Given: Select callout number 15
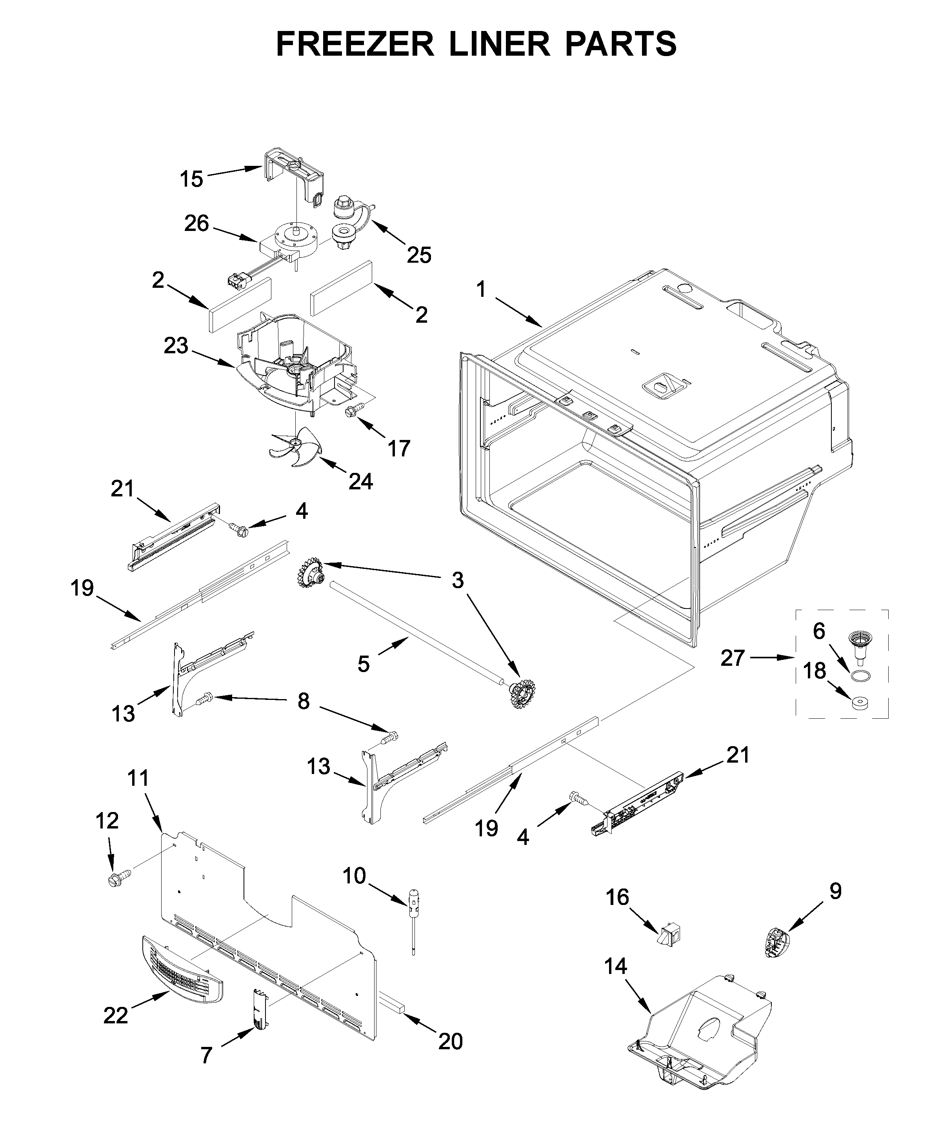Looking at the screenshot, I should pos(191,179).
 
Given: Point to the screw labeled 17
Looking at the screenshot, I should pos(351,413).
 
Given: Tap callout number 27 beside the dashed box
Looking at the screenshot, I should pos(732,658).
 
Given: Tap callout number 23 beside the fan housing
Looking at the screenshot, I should pos(176,346).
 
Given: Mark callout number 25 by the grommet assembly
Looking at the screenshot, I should pos(419,254).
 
